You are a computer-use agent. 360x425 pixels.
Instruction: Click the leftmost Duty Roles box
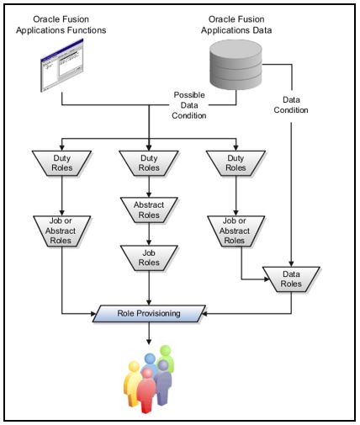click(x=61, y=162)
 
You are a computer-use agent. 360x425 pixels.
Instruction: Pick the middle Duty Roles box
click(x=149, y=162)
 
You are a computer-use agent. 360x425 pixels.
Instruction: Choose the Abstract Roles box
click(x=149, y=208)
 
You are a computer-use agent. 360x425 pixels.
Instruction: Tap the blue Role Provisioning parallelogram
click(x=149, y=313)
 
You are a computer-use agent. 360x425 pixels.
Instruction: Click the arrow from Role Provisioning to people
click(x=149, y=332)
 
